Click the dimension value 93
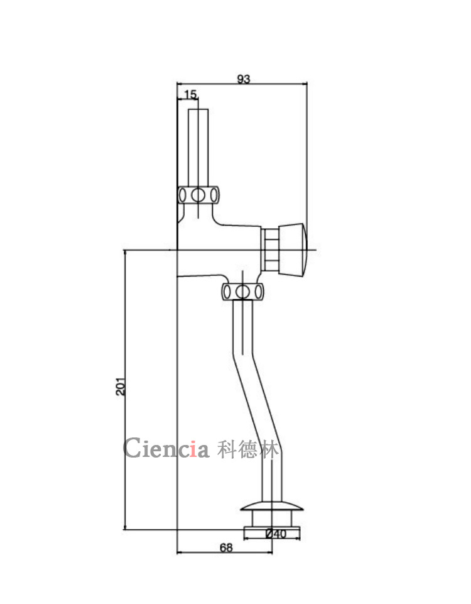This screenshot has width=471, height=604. [x=244, y=79]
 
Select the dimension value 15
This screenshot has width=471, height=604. [x=190, y=94]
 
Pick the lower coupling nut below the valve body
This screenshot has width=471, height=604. [x=242, y=292]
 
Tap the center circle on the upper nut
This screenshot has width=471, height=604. [x=198, y=195]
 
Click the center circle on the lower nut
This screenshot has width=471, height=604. [x=242, y=292]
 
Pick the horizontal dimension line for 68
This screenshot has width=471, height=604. [x=201, y=553]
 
